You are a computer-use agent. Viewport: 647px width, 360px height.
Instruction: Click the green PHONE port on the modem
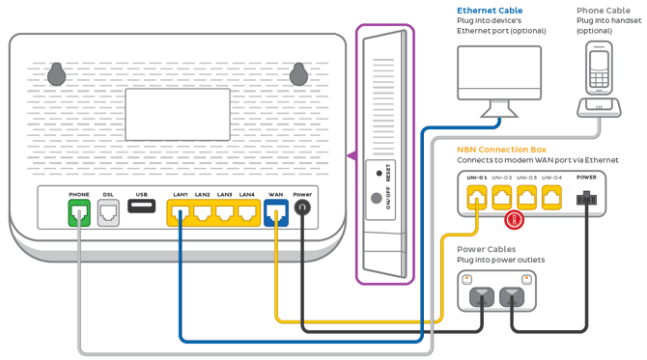78,212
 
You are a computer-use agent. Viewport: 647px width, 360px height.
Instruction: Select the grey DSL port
108,212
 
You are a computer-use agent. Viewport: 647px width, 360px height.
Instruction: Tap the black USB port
141,207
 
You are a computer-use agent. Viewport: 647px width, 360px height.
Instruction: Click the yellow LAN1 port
180,212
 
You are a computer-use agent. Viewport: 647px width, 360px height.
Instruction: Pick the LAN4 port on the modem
247,212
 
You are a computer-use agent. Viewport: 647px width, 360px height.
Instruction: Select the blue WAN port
275,212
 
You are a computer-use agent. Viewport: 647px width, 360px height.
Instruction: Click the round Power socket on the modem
303,207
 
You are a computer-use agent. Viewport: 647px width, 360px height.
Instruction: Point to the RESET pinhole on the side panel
379,174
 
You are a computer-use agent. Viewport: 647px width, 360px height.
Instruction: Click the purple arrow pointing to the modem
351,155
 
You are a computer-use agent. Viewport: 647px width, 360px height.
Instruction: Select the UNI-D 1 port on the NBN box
477,198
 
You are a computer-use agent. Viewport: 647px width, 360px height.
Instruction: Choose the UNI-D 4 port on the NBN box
551,198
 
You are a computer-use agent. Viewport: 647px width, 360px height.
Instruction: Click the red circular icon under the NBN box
515,220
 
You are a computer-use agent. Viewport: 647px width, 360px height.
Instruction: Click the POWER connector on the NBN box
586,198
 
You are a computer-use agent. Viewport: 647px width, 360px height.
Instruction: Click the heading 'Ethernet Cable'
490,11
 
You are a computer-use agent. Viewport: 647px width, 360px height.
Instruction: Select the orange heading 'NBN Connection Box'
501,150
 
